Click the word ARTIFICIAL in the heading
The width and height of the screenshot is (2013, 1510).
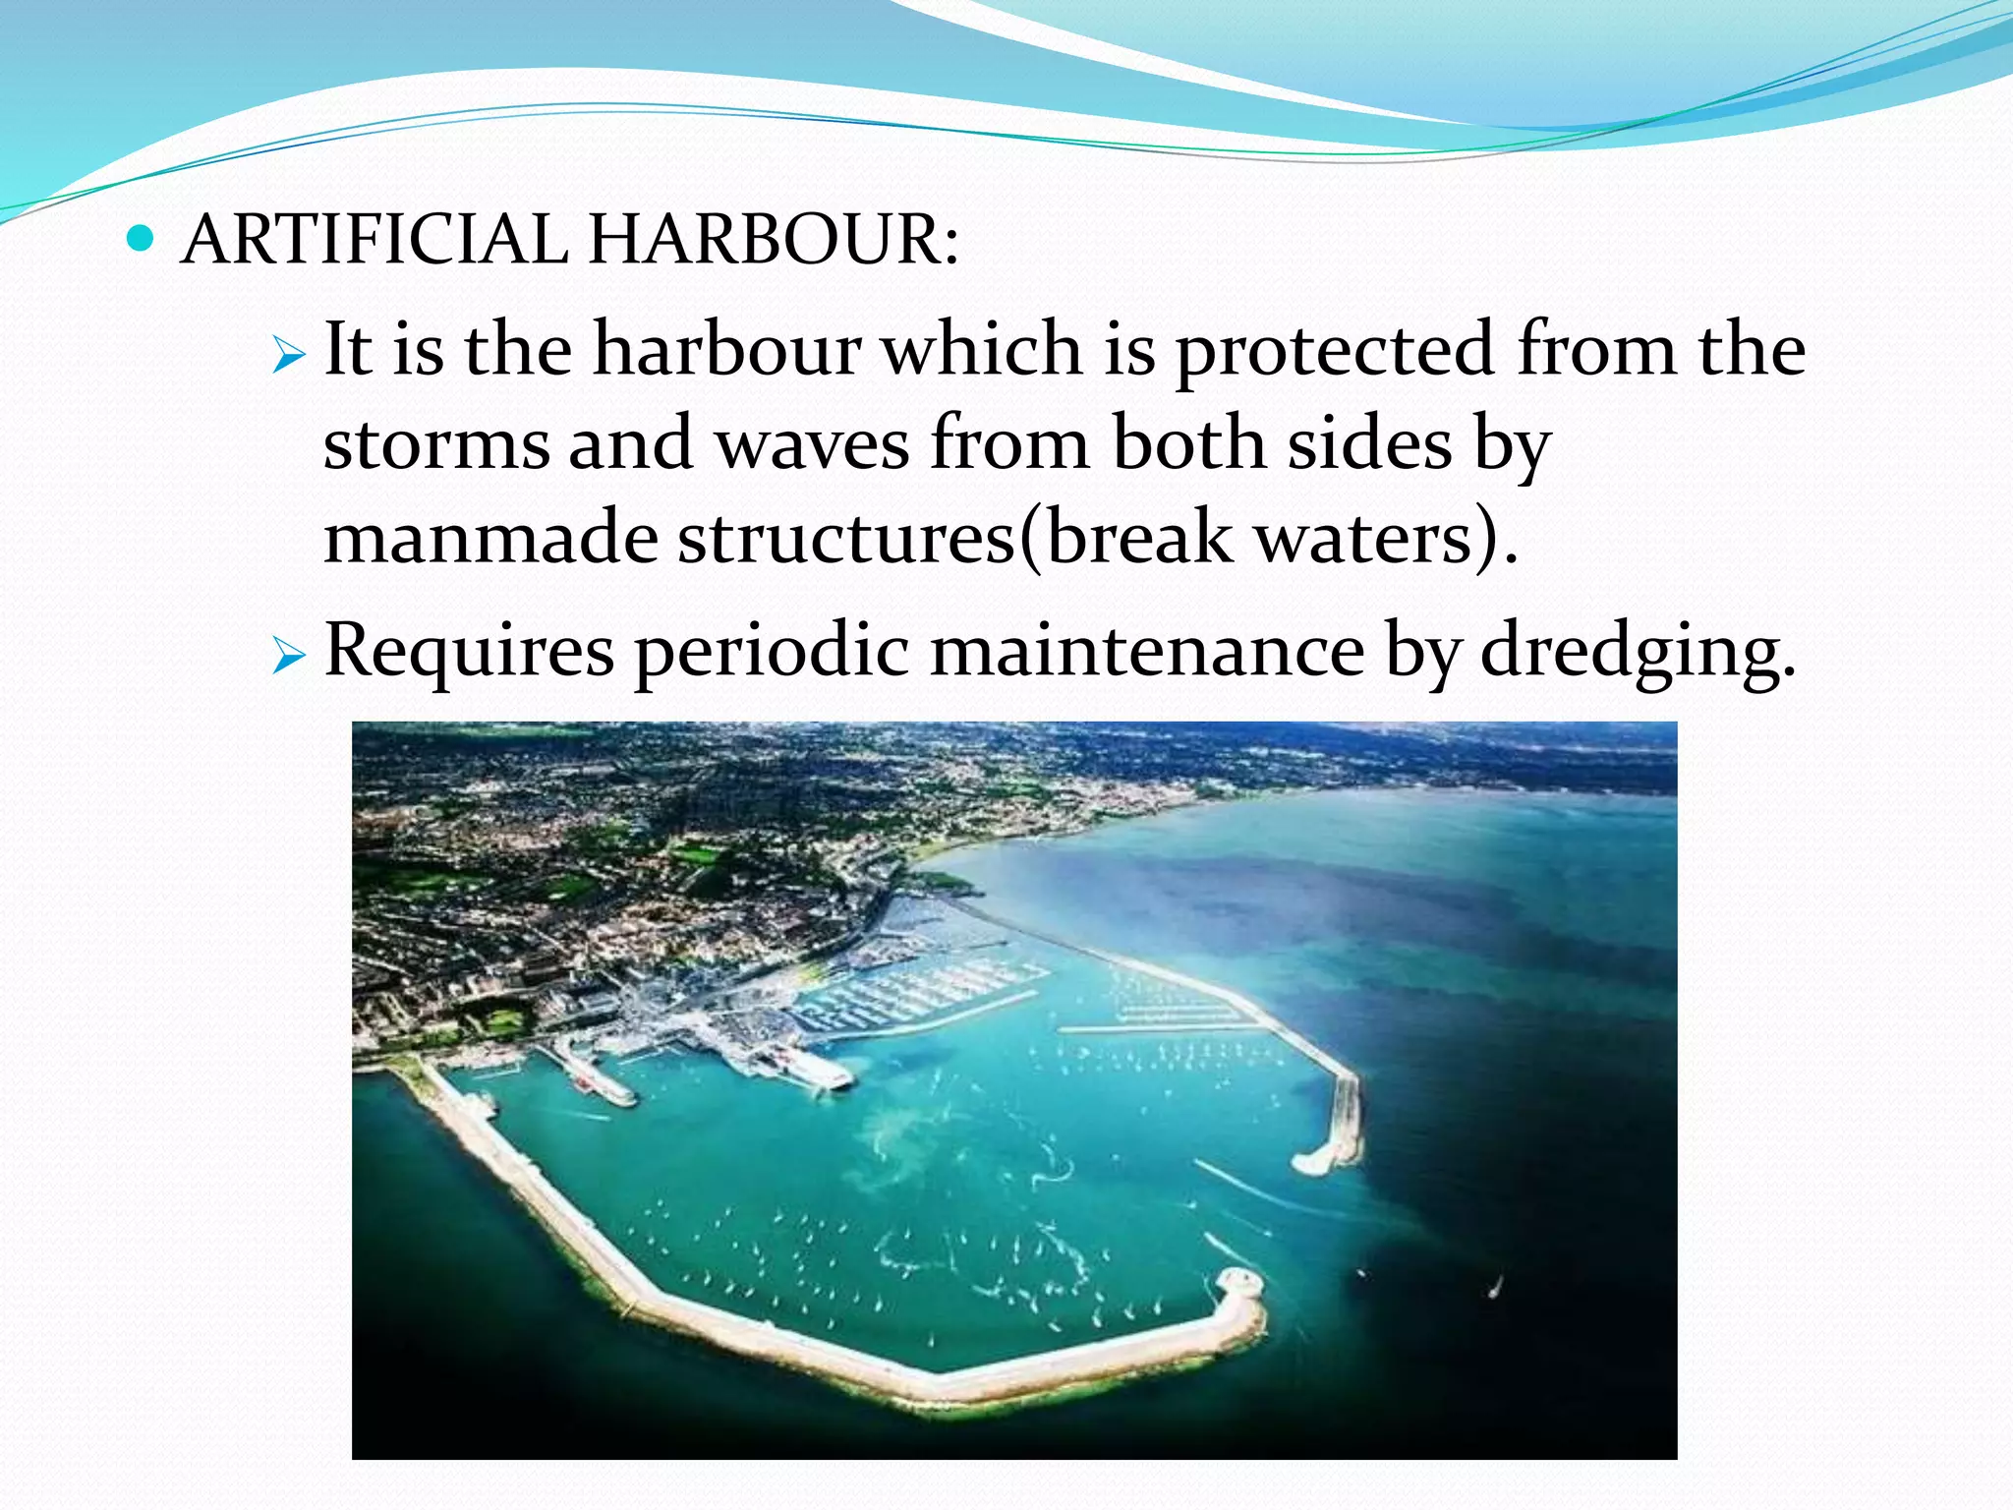(x=374, y=240)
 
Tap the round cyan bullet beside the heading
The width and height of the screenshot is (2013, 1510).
(x=142, y=238)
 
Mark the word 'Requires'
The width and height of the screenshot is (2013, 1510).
(x=469, y=652)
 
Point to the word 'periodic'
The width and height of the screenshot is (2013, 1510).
(x=773, y=652)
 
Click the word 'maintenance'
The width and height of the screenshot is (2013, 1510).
(x=1147, y=650)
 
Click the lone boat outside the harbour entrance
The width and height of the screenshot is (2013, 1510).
(x=1495, y=1285)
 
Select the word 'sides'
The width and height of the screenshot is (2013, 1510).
(x=1369, y=442)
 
